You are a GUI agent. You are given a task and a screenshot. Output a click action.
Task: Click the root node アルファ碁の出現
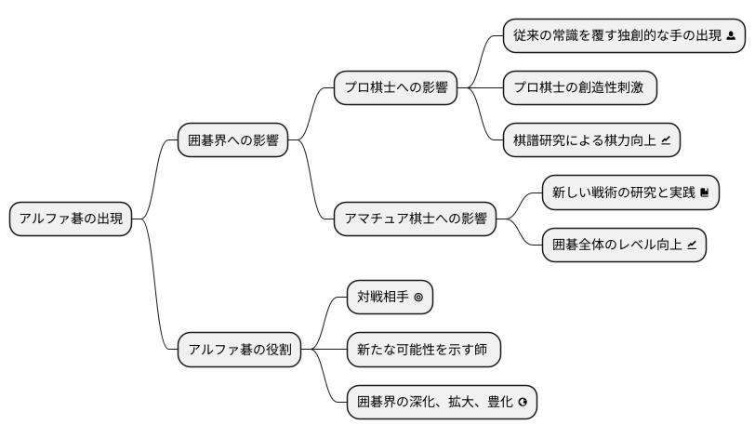click(x=71, y=219)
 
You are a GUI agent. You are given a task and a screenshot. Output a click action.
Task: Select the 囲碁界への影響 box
click(x=232, y=141)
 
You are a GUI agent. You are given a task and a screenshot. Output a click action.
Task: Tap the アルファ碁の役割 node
click(x=239, y=350)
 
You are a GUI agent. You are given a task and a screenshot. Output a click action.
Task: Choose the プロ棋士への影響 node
click(x=395, y=88)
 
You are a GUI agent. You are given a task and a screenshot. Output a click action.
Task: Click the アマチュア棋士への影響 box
click(x=415, y=219)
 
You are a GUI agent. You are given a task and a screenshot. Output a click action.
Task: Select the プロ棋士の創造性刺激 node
click(x=579, y=88)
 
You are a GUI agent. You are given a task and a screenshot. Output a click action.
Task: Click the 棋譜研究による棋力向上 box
click(x=592, y=141)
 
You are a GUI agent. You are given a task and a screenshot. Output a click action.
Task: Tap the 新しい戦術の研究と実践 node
click(x=630, y=192)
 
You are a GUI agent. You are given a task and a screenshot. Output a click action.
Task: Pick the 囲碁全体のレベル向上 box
click(x=624, y=246)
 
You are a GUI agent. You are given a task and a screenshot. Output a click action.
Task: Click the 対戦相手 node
click(x=390, y=298)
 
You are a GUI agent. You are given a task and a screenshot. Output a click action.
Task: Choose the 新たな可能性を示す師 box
click(x=423, y=350)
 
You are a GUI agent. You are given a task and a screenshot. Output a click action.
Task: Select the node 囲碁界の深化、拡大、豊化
click(x=442, y=403)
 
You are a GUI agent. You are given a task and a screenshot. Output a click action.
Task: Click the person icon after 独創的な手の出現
click(x=731, y=36)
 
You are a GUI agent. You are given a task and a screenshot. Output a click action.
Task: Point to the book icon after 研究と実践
click(x=705, y=193)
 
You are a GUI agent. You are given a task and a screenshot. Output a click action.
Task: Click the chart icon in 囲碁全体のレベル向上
click(x=692, y=246)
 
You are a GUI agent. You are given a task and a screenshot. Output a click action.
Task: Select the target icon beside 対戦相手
click(x=418, y=299)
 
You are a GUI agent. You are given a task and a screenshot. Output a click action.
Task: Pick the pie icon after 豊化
click(x=523, y=404)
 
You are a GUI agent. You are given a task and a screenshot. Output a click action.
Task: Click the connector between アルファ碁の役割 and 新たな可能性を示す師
click(x=324, y=350)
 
